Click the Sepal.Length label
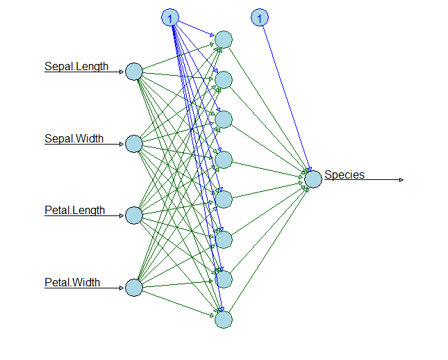click(x=76, y=67)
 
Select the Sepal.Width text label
click(x=74, y=138)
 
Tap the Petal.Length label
click(x=75, y=210)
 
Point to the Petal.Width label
click(x=72, y=282)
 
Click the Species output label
click(x=345, y=175)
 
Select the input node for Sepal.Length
click(x=134, y=72)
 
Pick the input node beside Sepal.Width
click(x=134, y=144)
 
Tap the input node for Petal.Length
click(x=134, y=215)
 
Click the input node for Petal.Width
click(x=134, y=287)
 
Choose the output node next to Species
click(x=313, y=179)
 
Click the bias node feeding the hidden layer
click(x=170, y=17)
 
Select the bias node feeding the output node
click(x=260, y=17)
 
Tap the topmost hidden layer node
click(x=224, y=39)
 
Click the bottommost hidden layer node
click(x=224, y=320)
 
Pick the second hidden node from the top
click(x=224, y=79)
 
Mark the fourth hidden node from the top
click(x=224, y=160)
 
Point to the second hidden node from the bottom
click(x=224, y=279)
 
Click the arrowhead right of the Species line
click(x=401, y=179)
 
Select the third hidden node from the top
click(x=224, y=120)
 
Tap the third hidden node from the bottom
click(x=224, y=240)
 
